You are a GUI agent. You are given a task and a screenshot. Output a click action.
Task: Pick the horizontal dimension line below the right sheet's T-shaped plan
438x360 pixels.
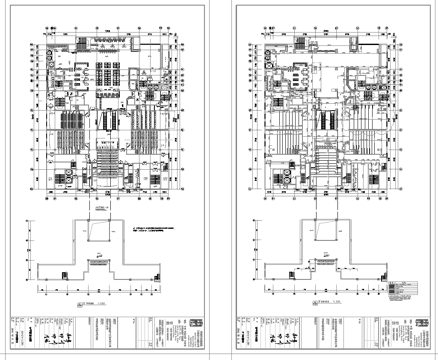tap(320, 291)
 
